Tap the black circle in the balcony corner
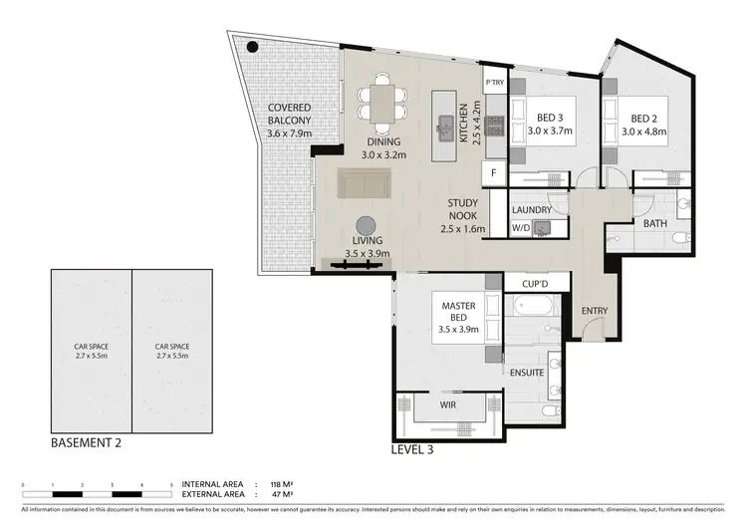tap(253, 45)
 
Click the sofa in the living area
tap(366, 183)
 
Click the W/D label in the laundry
tap(521, 228)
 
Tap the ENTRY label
tap(595, 311)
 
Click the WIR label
tap(450, 404)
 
